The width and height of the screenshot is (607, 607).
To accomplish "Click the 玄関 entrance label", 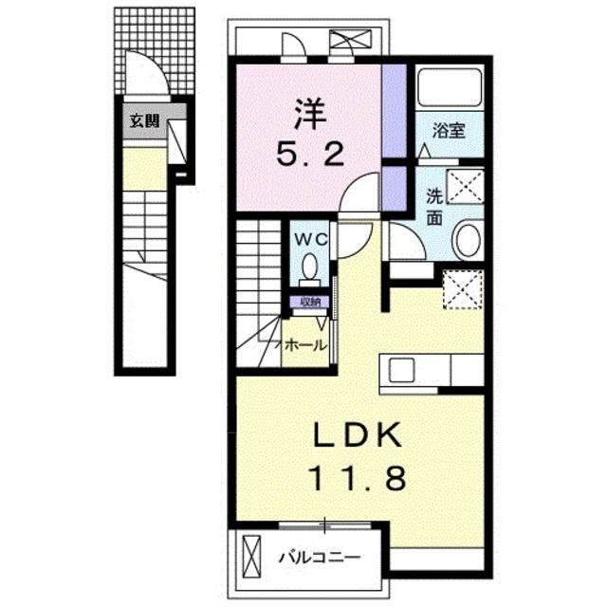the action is coord(144,121).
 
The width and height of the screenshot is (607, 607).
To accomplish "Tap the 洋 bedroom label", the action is coord(310,114).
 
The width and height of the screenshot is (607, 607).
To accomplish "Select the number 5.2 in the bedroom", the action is coord(310,154).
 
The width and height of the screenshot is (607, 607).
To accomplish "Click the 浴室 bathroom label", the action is coord(449,131).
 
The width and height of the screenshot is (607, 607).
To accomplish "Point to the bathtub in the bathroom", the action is coord(450,87).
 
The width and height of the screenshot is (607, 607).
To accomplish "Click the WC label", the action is coord(312,240).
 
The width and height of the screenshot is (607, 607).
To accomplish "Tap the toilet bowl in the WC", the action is coord(310,267).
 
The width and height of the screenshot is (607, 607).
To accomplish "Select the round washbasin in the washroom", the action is coord(468,240).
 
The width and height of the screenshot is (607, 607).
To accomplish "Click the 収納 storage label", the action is coord(310,303).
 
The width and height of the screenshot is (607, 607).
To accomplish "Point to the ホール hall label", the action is coord(305,344).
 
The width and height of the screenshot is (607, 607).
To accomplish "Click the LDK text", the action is coord(357,436).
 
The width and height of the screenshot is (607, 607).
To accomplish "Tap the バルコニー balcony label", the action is coord(320,558).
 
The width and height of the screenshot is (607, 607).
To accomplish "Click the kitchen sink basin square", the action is coord(402,370).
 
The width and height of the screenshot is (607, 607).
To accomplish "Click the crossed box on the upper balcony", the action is coord(350,40).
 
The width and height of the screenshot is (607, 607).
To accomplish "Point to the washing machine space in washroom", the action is coord(465,186).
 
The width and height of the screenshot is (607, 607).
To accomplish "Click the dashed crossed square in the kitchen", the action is coord(463,289).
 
